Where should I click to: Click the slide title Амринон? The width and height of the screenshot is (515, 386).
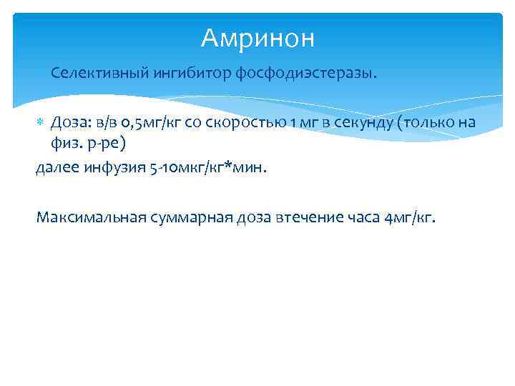click(x=257, y=39)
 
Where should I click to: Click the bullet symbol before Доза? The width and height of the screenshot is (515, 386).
click(x=41, y=123)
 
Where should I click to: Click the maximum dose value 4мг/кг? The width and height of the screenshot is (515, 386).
click(x=409, y=217)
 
